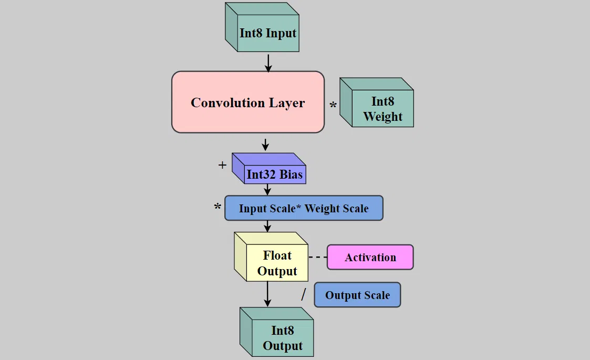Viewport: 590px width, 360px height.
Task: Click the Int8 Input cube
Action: (268, 33)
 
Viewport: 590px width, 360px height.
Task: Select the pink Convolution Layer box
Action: (247, 102)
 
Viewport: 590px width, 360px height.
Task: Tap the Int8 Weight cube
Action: (382, 109)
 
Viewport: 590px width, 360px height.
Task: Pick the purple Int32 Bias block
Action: (274, 174)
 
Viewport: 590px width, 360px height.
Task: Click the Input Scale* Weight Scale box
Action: (304, 209)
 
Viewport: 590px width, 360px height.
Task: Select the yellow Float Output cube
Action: (277, 263)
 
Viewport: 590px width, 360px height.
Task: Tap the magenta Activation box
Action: (370, 258)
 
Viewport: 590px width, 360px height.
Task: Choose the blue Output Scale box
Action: (357, 295)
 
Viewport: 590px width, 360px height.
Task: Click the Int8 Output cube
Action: (282, 338)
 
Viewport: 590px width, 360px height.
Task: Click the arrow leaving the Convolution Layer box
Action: (265, 143)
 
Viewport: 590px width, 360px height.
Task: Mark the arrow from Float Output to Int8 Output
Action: (267, 294)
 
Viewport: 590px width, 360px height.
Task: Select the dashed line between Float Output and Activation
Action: (317, 258)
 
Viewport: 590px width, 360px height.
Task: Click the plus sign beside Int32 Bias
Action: (222, 165)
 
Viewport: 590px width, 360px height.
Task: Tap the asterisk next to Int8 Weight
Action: (333, 106)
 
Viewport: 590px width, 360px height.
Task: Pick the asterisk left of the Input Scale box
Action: (218, 208)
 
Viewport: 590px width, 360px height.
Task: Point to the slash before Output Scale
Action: (303, 294)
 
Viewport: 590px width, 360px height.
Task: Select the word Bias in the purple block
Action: (291, 174)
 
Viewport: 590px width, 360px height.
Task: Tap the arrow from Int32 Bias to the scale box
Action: (267, 190)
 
